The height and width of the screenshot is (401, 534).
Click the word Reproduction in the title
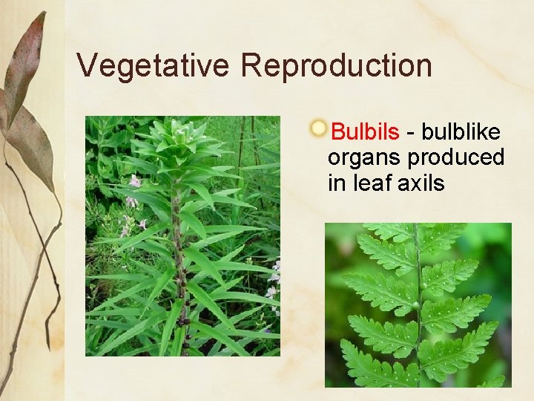pyautogui.click(x=336, y=65)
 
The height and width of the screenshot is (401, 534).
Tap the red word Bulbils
pyautogui.click(x=365, y=132)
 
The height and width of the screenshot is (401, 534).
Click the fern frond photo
pyautogui.click(x=418, y=305)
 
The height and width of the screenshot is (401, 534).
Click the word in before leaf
pyautogui.click(x=336, y=183)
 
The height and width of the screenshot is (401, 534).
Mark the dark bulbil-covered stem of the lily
pyautogui.click(x=178, y=260)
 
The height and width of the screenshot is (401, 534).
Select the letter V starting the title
pyautogui.click(x=86, y=65)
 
